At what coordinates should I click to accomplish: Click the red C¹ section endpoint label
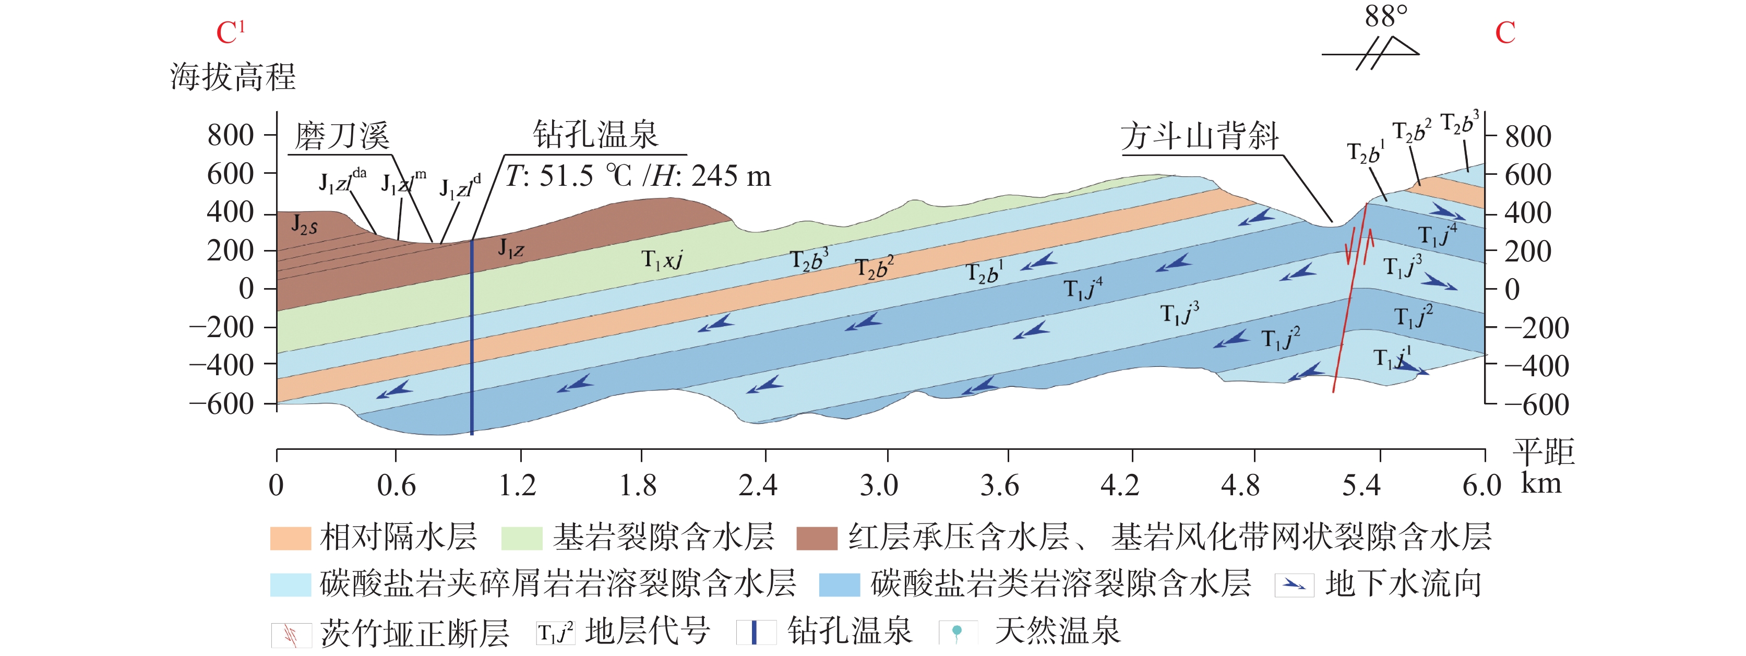(230, 32)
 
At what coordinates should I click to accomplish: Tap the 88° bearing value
(1385, 16)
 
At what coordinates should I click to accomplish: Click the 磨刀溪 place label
(342, 137)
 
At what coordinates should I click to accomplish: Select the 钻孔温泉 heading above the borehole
(595, 135)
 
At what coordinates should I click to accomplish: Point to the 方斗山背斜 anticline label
(1199, 137)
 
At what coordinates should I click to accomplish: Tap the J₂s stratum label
(304, 224)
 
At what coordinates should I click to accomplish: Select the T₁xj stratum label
(662, 259)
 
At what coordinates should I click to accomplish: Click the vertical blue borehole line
(472, 339)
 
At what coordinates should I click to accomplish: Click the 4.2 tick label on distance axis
(1120, 485)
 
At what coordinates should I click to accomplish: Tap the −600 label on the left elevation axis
(222, 404)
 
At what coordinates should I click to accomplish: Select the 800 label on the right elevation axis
(1528, 137)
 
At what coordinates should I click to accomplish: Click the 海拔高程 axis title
(233, 77)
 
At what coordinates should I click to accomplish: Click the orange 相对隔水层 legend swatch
(290, 538)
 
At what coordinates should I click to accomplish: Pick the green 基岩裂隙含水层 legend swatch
(521, 538)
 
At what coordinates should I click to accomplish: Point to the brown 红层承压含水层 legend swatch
(817, 538)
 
